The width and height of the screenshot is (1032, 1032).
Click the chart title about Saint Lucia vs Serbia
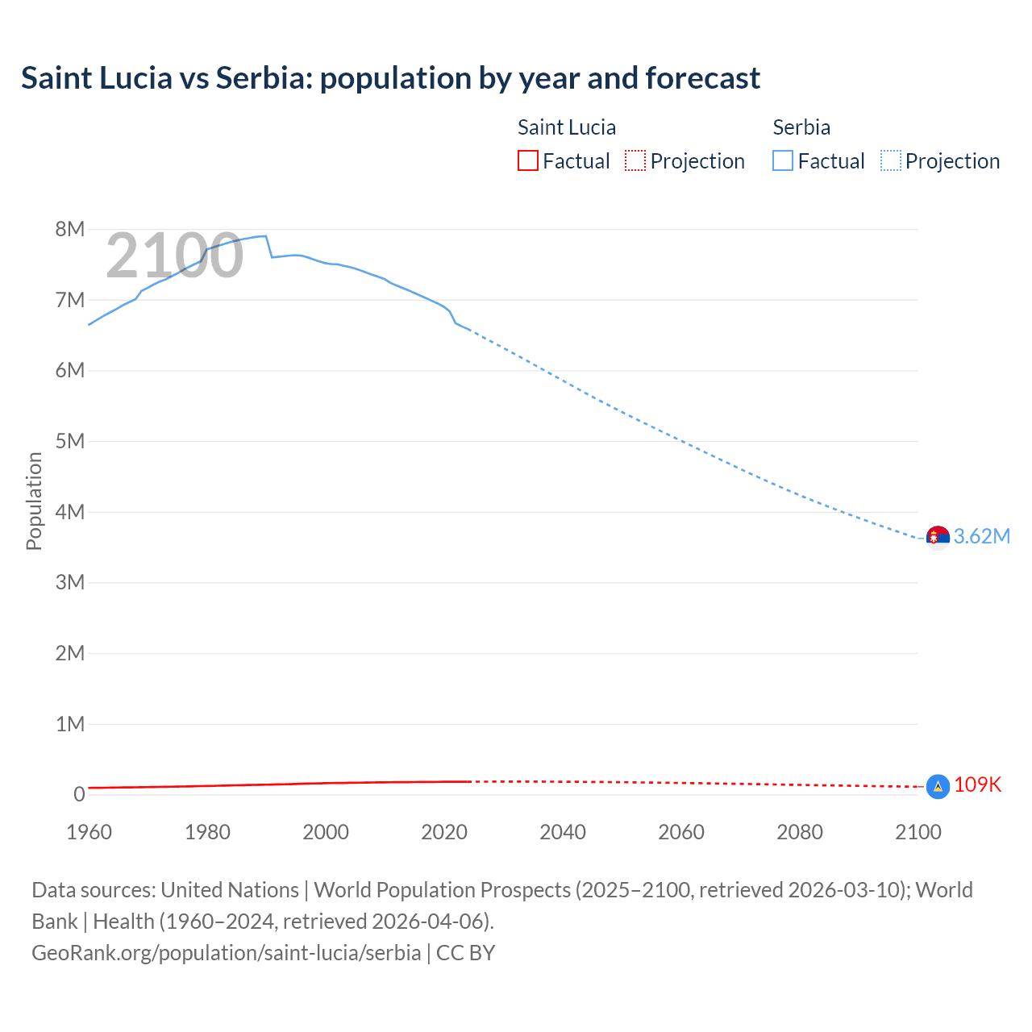coord(390,78)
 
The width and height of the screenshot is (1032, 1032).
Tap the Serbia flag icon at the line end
coord(938,537)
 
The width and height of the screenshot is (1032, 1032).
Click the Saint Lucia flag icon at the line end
coord(938,786)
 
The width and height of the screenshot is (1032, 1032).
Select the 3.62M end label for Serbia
coord(981,537)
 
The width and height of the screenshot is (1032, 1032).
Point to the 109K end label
coord(977,785)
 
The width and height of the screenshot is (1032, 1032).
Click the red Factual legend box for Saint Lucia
coord(528,161)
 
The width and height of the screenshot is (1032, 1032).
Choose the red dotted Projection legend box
coord(635,161)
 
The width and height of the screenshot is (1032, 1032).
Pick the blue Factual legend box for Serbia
coord(783,161)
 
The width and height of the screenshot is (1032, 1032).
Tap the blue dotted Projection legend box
coord(891,161)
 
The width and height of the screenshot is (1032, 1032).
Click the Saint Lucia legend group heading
coord(566,127)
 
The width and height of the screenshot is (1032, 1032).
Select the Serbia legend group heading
coord(801,127)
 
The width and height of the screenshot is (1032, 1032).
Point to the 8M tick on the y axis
coord(70,230)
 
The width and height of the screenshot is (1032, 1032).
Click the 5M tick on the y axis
coord(70,442)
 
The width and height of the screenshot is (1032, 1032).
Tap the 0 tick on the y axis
coord(79,795)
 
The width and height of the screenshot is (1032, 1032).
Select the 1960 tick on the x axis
coord(89,832)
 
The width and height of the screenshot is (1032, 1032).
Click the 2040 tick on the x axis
coord(563,832)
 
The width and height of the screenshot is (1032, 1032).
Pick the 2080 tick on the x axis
coord(800,832)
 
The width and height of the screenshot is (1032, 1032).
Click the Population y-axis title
coord(34,501)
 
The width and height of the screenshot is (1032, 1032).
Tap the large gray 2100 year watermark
coord(174,256)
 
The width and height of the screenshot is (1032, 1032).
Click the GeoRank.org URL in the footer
coord(226,953)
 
